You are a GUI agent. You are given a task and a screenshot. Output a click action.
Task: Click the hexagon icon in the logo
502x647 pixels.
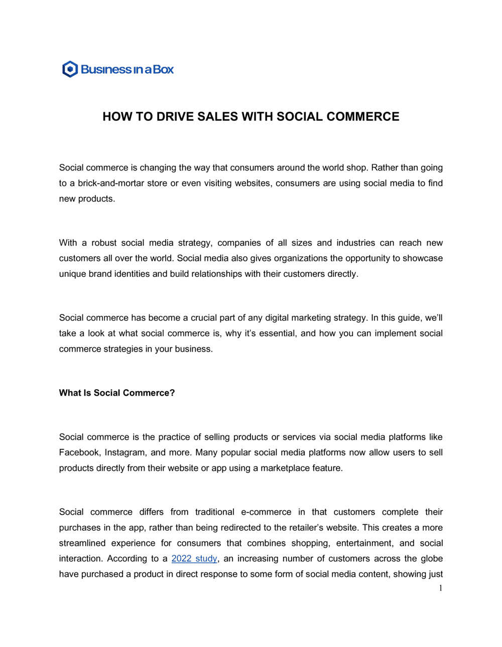click(70, 69)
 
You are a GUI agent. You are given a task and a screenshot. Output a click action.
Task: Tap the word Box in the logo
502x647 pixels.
click(163, 69)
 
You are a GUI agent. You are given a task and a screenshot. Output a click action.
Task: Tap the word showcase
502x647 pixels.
click(423, 258)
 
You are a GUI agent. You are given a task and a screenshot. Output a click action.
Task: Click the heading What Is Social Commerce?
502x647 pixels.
click(117, 393)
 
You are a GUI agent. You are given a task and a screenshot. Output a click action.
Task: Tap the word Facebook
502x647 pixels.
click(79, 452)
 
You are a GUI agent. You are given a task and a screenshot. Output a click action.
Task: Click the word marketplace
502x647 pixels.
click(284, 468)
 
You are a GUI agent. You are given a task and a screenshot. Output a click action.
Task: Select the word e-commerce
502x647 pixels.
click(266, 512)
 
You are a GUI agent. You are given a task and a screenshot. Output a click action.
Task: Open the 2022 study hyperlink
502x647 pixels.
click(194, 559)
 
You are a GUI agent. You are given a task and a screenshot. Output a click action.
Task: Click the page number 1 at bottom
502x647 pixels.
click(440, 588)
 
